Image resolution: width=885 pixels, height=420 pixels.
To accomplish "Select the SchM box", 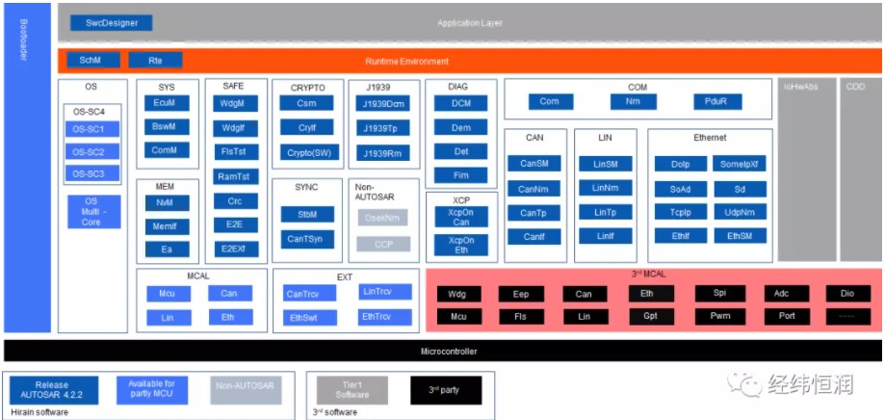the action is pyautogui.click(x=91, y=61).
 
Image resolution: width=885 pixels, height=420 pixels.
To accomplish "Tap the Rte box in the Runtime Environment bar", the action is pyautogui.click(x=155, y=61).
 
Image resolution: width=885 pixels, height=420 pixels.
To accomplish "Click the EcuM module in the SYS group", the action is pyautogui.click(x=165, y=103).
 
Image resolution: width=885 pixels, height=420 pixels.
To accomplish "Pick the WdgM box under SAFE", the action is pyautogui.click(x=232, y=103).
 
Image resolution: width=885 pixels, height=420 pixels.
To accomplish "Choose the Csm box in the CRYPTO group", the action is pyautogui.click(x=307, y=104).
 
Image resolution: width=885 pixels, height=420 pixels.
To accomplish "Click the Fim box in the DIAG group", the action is pyautogui.click(x=460, y=174).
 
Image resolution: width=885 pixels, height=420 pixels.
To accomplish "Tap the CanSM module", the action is pyautogui.click(x=534, y=164).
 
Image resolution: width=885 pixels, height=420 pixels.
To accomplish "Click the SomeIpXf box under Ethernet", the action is pyautogui.click(x=741, y=164).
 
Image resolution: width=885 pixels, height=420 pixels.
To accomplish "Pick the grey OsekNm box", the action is pyautogui.click(x=384, y=219).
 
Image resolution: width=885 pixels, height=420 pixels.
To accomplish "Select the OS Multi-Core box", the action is pyautogui.click(x=91, y=211).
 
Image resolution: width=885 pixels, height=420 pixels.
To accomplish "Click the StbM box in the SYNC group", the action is pyautogui.click(x=307, y=214).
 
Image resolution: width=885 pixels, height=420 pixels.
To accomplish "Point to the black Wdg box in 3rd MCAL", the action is pyautogui.click(x=458, y=294).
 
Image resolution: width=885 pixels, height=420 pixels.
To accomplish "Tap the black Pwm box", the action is pyautogui.click(x=720, y=316).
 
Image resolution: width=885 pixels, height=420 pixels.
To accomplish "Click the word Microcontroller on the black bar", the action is pyautogui.click(x=449, y=352).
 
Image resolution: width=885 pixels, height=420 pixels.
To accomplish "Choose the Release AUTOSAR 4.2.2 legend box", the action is pyautogui.click(x=52, y=389).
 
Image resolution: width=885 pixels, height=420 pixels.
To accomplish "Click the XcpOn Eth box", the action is pyautogui.click(x=461, y=246).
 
